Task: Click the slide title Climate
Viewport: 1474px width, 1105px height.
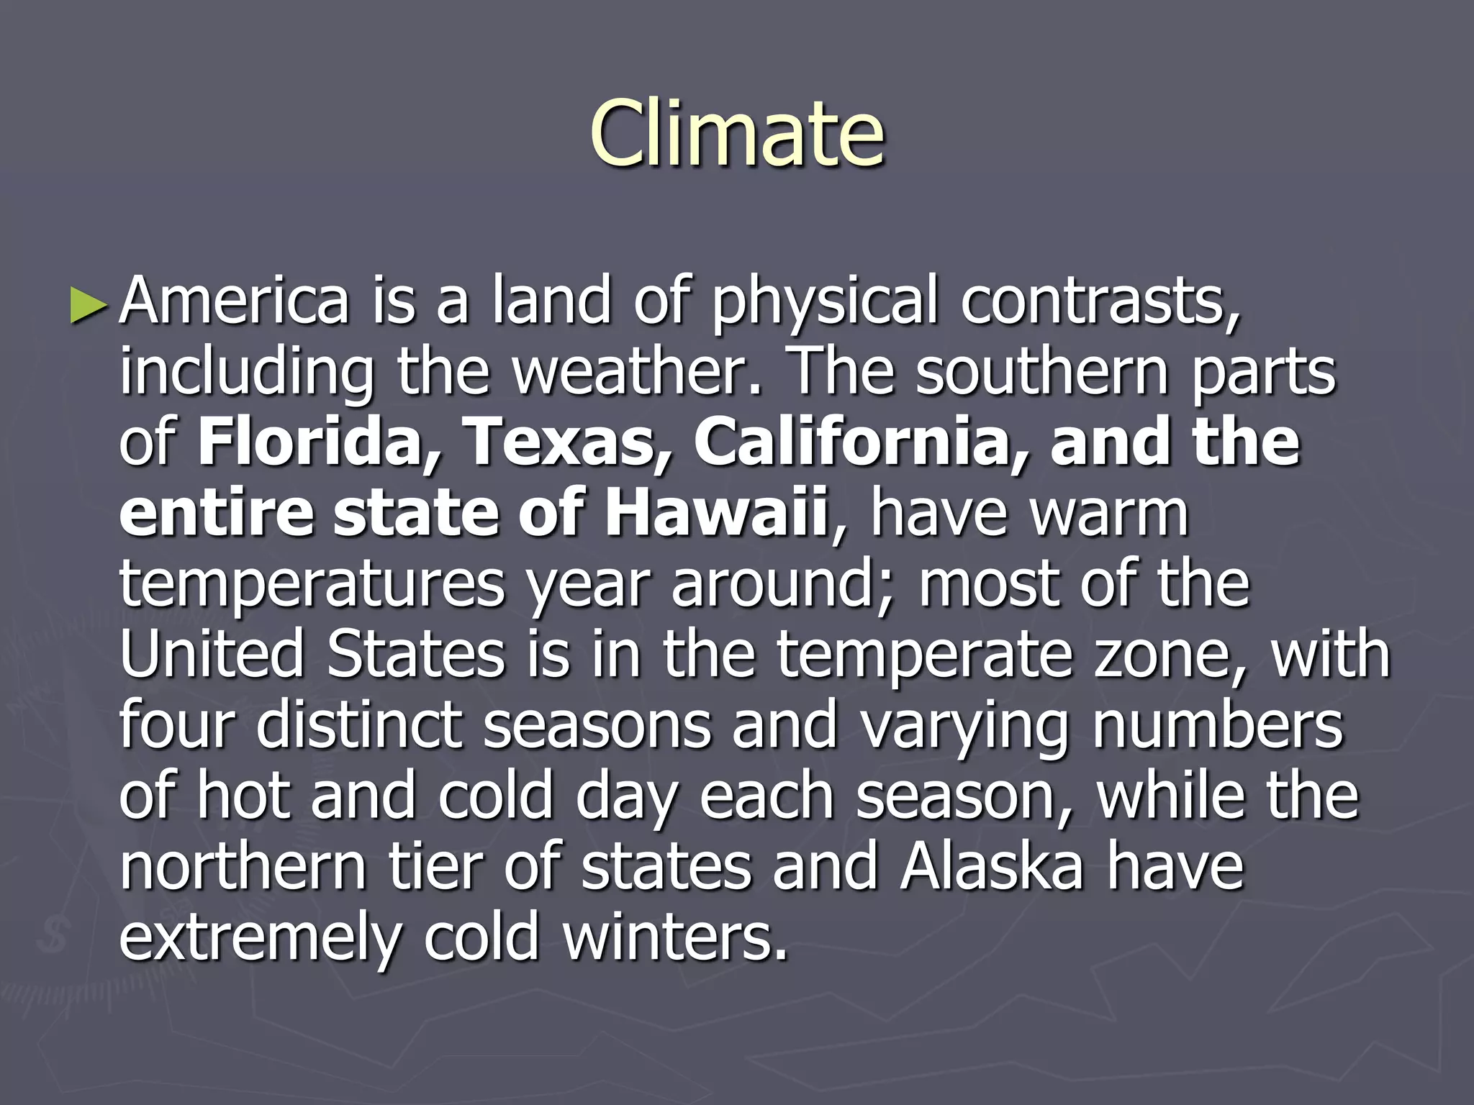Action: pyautogui.click(x=737, y=132)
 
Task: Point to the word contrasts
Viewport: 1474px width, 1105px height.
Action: pyautogui.click(x=1100, y=302)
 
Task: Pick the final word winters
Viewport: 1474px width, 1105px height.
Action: pyautogui.click(x=675, y=937)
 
